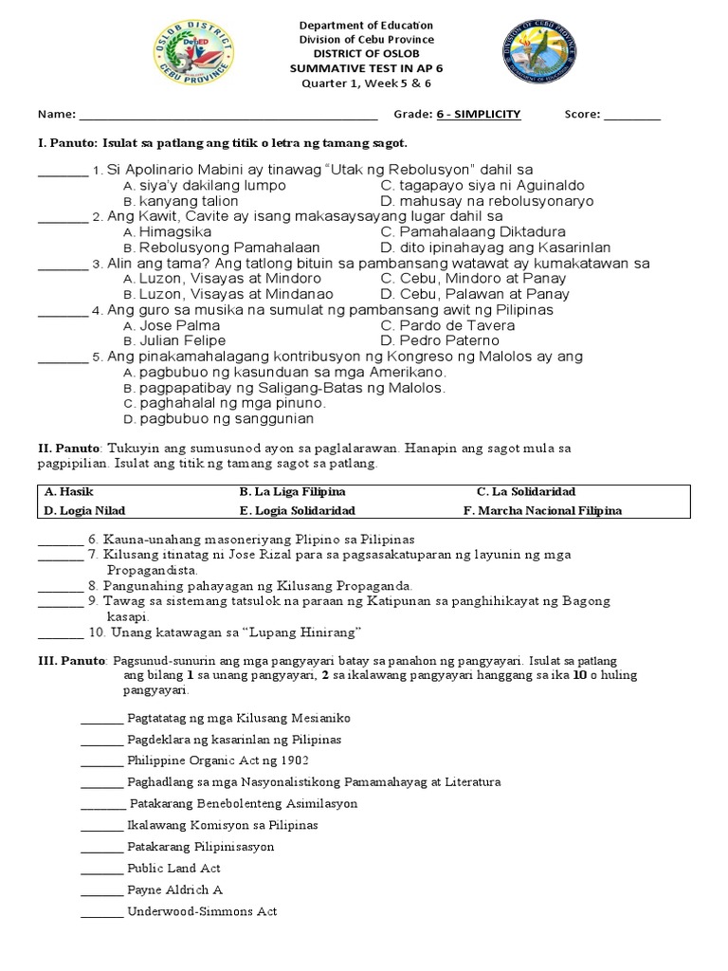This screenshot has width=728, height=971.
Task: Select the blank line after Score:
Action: [631, 116]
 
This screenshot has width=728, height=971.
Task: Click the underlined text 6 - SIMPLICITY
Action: [479, 114]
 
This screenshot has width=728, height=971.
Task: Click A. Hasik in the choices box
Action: [64, 492]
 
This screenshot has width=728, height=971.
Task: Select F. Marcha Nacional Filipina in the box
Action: [542, 510]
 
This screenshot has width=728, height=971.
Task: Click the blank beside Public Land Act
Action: [101, 870]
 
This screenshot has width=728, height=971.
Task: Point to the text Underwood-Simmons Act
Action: [202, 911]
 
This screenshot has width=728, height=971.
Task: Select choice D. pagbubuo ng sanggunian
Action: [219, 418]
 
